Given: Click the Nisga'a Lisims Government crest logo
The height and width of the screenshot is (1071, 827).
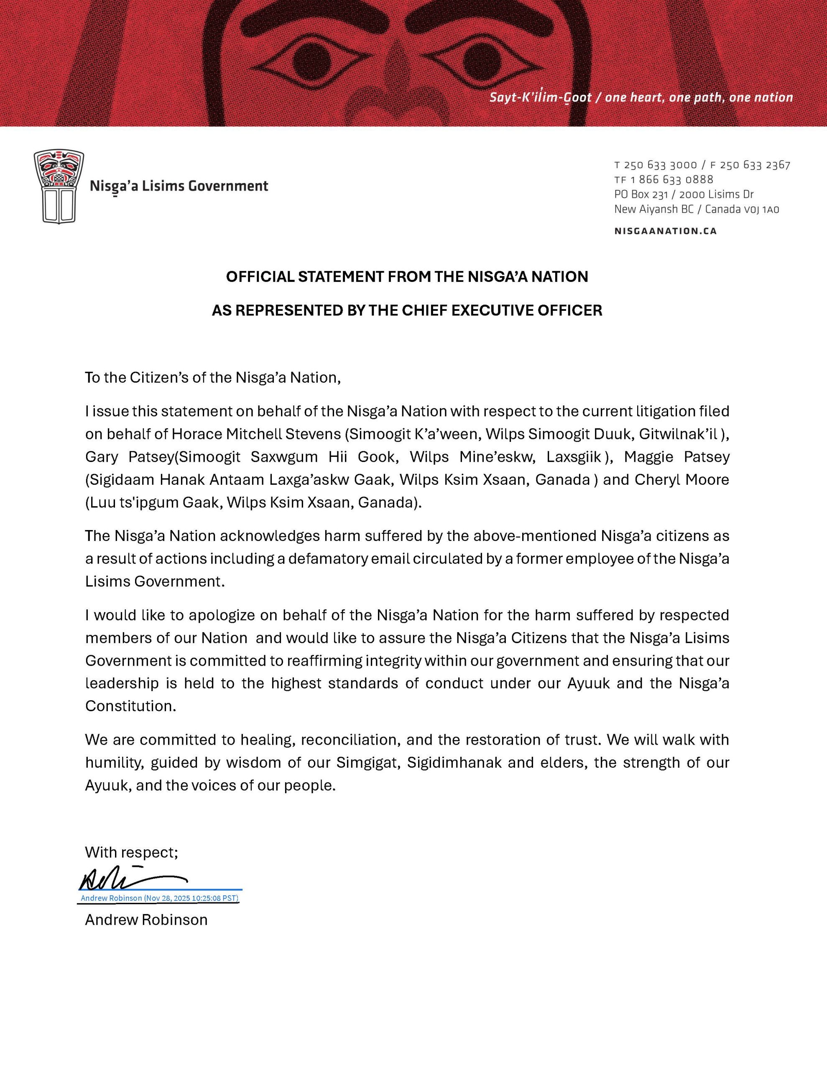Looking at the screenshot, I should point(59,186).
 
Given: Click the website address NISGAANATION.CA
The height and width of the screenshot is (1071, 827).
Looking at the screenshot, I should point(665,231).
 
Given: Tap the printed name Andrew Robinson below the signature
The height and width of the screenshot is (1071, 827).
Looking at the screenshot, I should point(146,920).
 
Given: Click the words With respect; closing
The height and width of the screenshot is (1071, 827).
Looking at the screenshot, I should point(131,852).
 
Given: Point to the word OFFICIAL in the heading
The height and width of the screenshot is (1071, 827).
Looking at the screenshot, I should point(260,277).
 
